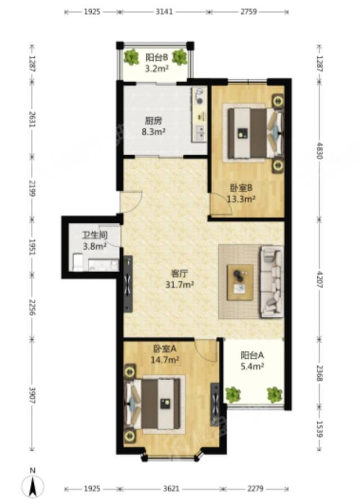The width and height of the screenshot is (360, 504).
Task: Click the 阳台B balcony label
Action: click(157, 57)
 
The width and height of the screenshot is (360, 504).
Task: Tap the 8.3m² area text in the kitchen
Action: click(154, 132)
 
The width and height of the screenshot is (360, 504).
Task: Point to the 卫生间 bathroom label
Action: click(95, 235)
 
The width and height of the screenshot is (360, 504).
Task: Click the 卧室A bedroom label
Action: click(165, 348)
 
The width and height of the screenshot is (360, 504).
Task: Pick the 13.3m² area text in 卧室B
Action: click(241, 199)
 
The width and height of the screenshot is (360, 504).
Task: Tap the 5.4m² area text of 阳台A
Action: click(253, 366)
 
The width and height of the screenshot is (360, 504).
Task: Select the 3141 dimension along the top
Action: click(164, 12)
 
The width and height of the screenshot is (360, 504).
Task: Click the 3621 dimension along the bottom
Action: click(170, 489)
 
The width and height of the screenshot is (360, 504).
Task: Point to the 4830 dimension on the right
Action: click(319, 150)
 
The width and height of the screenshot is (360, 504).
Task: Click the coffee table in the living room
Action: click(240, 282)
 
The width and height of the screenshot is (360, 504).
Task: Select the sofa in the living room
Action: click(272, 282)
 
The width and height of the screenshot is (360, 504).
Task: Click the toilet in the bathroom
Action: click(78, 262)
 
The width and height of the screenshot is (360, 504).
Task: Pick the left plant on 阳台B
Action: click(131, 57)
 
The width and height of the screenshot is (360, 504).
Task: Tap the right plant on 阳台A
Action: click(274, 394)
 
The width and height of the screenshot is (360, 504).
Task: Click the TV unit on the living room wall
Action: click(128, 284)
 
